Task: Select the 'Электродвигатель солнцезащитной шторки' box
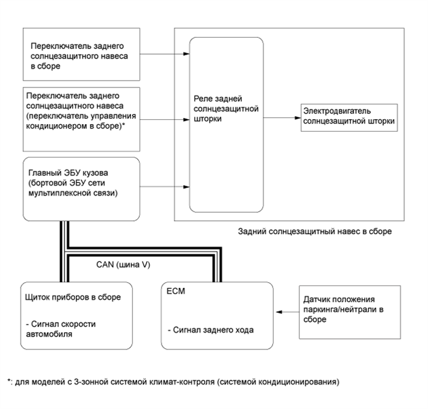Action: [349, 115]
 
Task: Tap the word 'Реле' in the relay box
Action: [203, 99]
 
